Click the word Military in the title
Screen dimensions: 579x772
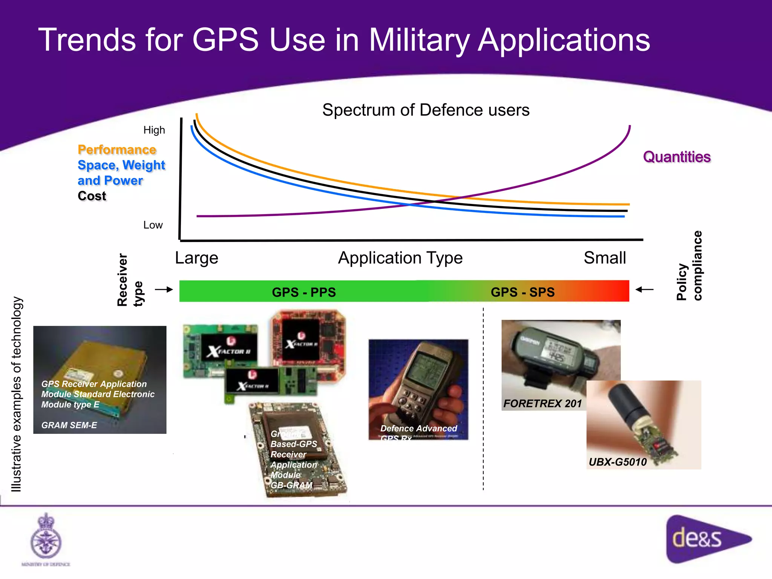click(419, 41)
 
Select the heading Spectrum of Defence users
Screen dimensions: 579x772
click(426, 110)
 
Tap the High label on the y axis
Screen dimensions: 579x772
click(154, 130)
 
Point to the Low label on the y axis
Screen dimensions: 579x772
click(153, 225)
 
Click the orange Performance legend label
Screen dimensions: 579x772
click(117, 150)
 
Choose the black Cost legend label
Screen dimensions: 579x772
click(92, 196)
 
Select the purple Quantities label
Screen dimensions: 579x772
click(677, 157)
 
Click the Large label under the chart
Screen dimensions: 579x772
click(196, 258)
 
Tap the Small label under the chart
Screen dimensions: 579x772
click(605, 258)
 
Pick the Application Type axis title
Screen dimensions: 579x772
click(400, 258)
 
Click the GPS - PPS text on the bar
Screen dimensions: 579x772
click(304, 292)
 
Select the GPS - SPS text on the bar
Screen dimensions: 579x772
click(522, 292)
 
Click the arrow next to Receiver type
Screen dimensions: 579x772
click(164, 289)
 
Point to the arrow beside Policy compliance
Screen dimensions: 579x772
click(644, 289)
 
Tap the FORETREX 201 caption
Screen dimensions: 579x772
click(542, 404)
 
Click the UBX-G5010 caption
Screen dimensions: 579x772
click(617, 462)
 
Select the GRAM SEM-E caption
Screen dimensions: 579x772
click(69, 425)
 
